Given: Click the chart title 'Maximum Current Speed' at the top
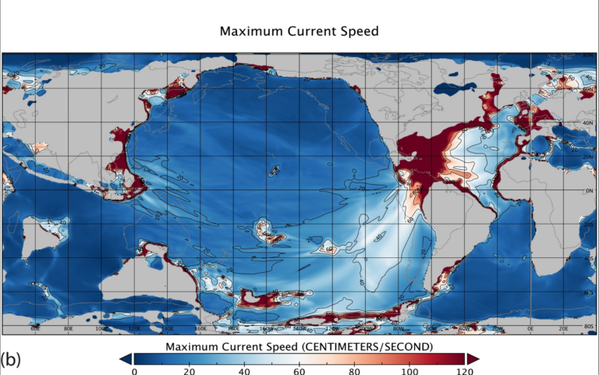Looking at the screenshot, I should [x=299, y=32].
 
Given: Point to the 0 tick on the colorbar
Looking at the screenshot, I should [x=134, y=371].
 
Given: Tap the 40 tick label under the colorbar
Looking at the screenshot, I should [x=244, y=371].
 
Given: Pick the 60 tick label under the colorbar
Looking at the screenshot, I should [x=299, y=371].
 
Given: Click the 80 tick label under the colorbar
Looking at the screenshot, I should [x=355, y=371].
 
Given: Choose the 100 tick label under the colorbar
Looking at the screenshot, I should [x=410, y=371].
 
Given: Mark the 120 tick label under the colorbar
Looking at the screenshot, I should [x=465, y=371].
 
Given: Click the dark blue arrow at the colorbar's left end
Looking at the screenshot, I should [x=125, y=358].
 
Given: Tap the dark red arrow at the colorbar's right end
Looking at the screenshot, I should [x=473, y=358].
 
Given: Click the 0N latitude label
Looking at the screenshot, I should [x=590, y=190].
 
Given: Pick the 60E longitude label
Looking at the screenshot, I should [x=35, y=329].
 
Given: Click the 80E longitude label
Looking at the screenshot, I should [x=69, y=329].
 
